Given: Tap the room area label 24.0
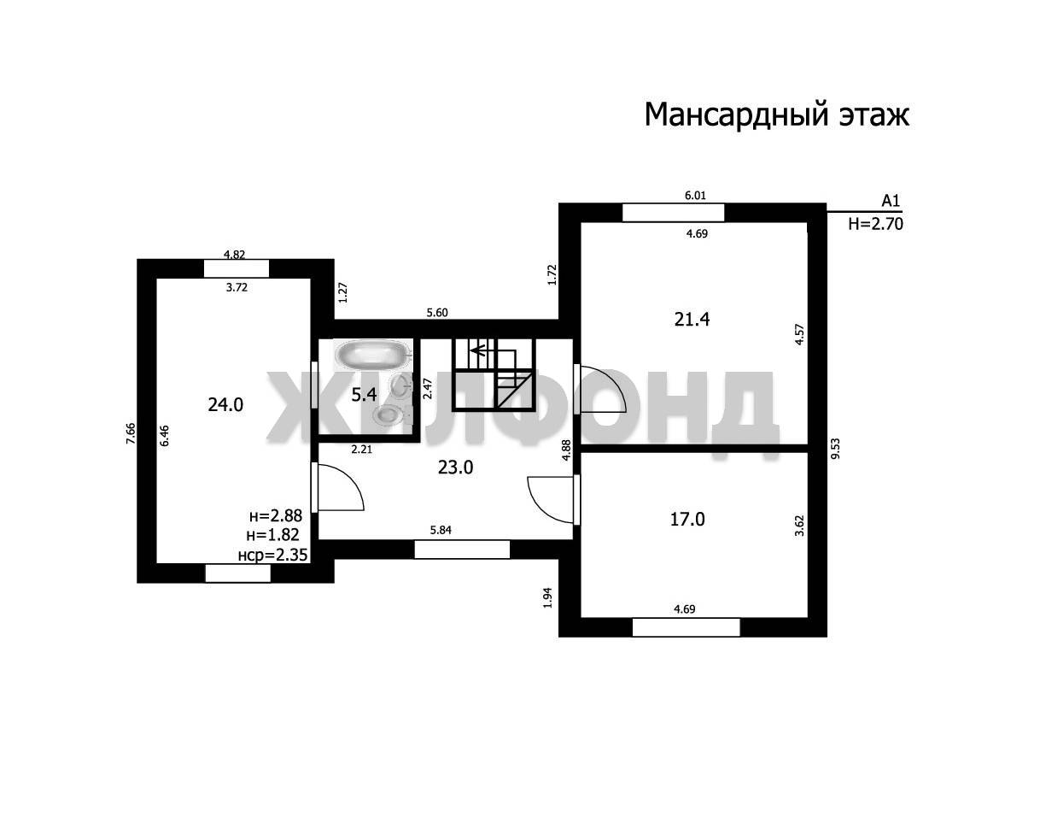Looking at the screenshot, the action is coord(225,404).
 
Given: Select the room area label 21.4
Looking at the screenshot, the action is coord(692,319).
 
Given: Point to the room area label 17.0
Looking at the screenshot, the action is coord(687,519).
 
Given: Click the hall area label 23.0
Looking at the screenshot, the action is coord(455,467).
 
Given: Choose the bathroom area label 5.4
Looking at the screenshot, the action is coord(364,395).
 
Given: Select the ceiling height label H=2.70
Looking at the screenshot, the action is coord(875,224).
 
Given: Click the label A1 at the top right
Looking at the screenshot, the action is coord(891,201).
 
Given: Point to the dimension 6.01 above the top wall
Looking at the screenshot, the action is coord(695,196).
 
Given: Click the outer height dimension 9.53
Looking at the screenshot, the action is coord(835,449).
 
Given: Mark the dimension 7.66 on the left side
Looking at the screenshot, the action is coord(131,433).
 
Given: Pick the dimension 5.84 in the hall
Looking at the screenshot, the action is coord(441,530).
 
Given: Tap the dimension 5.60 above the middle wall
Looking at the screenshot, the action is coord(437,313).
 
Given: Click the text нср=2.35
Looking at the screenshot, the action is coord(272,556).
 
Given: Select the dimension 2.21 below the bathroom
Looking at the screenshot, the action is coord(362,450).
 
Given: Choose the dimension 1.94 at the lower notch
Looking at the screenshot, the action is coord(548,597).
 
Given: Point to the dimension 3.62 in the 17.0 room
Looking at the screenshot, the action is coord(799,526).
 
